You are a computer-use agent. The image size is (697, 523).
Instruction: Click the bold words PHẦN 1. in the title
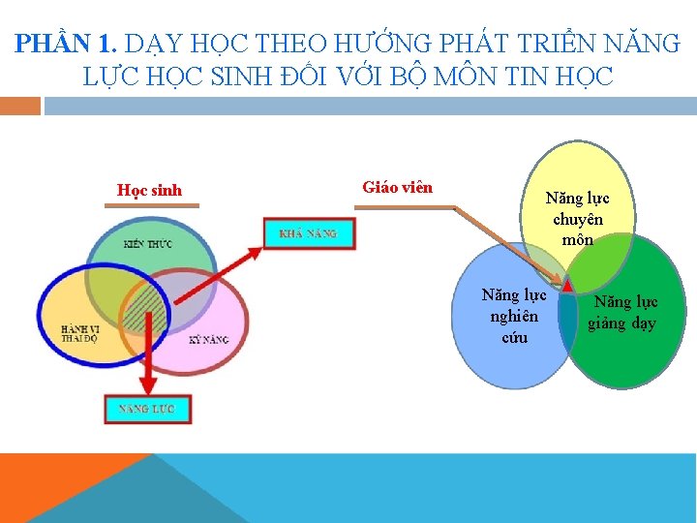coord(65,44)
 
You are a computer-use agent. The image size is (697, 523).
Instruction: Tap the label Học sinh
coord(149,190)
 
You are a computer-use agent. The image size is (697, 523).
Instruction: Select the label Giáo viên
coord(397,187)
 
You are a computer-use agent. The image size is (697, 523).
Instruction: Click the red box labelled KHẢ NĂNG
coord(309,233)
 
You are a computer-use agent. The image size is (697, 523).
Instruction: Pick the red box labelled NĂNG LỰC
coord(147,409)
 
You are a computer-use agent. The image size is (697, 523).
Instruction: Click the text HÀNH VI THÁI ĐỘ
coord(77,333)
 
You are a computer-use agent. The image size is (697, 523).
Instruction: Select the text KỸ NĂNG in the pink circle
coord(208,340)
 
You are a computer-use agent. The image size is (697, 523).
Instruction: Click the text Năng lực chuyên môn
coord(577,218)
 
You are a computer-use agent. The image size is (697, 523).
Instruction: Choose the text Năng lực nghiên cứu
coord(514,315)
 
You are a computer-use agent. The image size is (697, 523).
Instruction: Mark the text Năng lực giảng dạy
coord(624,313)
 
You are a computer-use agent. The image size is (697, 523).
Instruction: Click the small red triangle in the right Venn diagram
coord(568,283)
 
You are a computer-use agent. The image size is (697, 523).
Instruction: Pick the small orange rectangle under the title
coord(20,106)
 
